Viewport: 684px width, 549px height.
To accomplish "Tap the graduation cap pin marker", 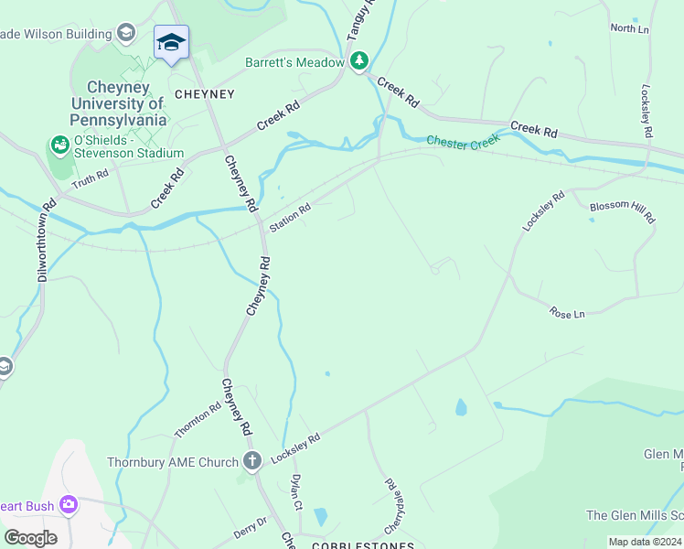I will click(171, 42).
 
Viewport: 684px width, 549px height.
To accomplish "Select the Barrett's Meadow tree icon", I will click(360, 61).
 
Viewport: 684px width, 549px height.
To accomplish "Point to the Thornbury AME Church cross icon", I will click(253, 461).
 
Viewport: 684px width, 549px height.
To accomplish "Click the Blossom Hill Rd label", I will click(622, 211).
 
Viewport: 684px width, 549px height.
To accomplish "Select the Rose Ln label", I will click(567, 314).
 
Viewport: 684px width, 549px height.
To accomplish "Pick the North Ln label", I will click(629, 28).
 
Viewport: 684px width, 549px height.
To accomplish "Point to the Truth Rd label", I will click(90, 182).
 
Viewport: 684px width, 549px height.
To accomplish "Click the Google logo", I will click(30, 537).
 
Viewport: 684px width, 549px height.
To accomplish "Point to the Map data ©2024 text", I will click(644, 542).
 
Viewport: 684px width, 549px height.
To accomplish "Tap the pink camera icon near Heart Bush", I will click(68, 503).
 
